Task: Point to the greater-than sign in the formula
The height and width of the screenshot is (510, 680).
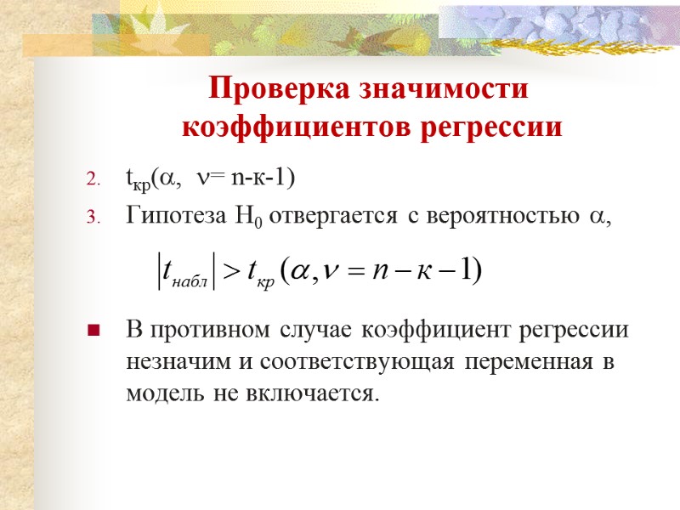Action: pos(231,271)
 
